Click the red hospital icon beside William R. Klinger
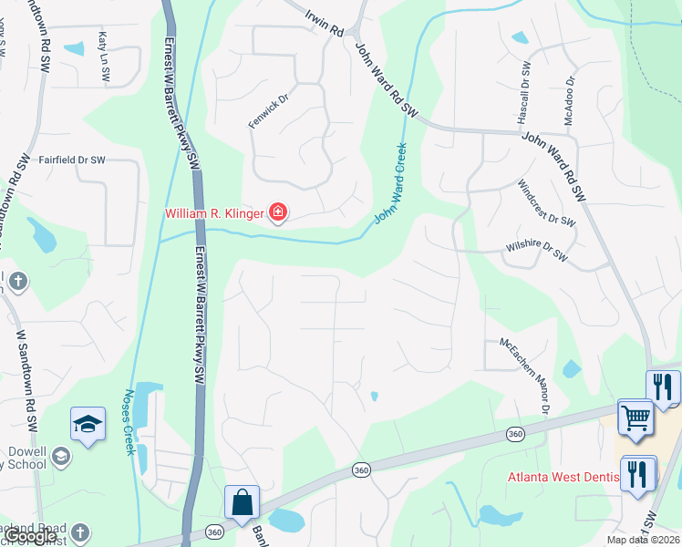point(278,214)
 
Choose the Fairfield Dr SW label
point(72,160)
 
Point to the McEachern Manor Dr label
point(523,376)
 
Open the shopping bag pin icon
point(243,503)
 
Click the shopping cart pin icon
point(635,418)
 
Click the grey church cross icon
point(80,533)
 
